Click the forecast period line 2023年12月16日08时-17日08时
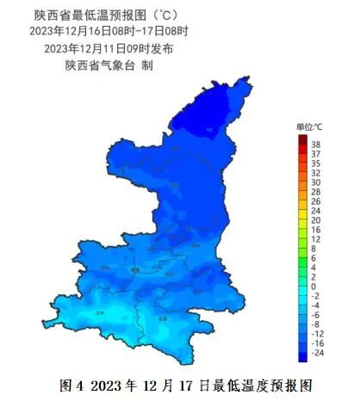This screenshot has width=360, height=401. pos(108,31)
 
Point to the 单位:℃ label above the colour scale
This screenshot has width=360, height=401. pos(309,127)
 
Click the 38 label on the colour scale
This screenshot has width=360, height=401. pos(316,144)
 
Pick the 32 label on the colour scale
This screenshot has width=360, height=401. pos(316,172)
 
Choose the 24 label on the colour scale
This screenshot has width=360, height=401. pos(316,210)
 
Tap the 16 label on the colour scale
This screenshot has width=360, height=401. pos(316,230)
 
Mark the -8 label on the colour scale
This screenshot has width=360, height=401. pos(316,324)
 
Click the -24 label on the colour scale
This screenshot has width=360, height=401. pos(318,352)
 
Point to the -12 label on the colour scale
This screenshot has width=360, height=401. pos(318,333)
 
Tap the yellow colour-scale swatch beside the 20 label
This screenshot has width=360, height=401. pos(302,219)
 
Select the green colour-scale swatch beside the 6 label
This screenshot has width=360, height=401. pos(302,257)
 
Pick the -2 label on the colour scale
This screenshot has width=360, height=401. pos(316,295)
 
